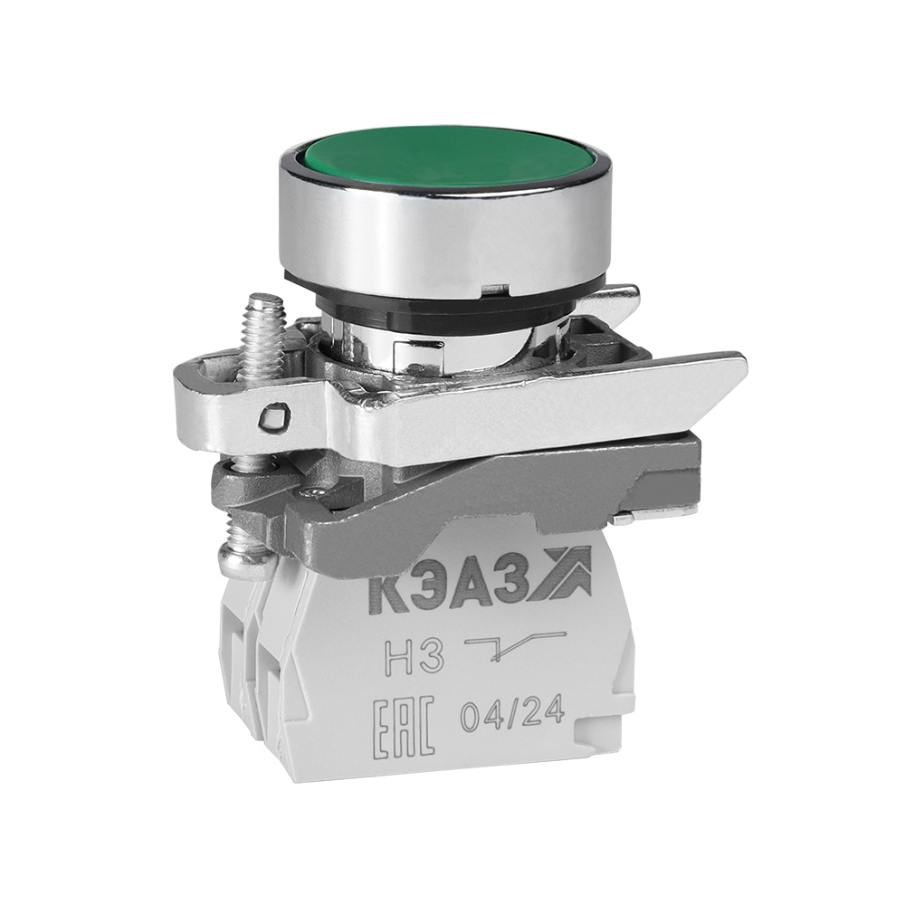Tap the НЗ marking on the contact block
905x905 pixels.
click(423, 656)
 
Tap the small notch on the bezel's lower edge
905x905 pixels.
click(493, 290)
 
